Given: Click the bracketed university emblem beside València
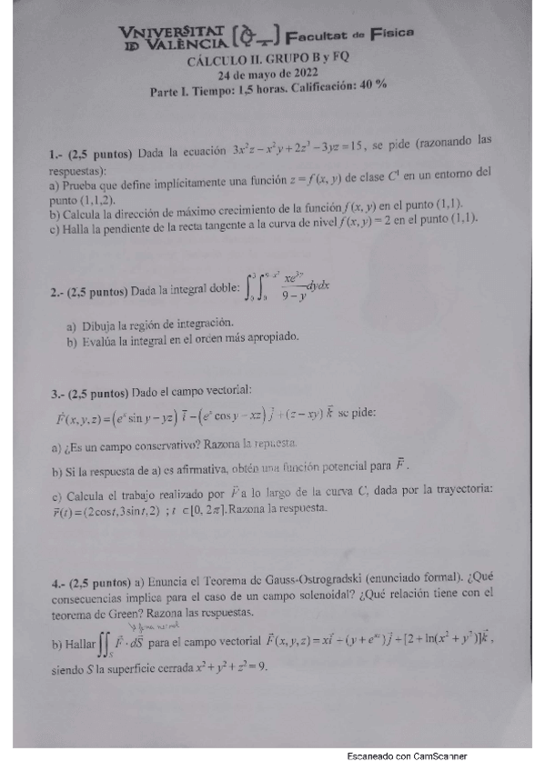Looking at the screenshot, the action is point(252,39).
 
